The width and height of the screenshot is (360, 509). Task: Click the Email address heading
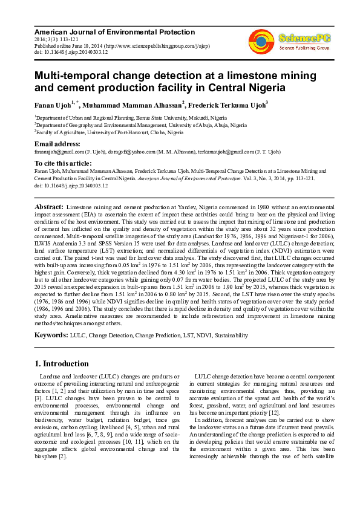(57, 144)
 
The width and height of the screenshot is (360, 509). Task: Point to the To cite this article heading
(62, 163)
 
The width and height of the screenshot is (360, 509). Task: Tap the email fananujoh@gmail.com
(58, 151)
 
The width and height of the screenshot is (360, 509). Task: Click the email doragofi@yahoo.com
(132, 151)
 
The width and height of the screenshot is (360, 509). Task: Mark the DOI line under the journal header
(71, 52)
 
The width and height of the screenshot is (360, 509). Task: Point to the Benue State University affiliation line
(131, 117)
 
